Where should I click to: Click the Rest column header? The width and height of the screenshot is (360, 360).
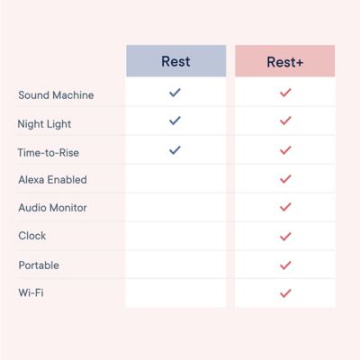pyautogui.click(x=175, y=61)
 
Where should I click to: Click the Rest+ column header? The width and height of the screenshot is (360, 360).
pyautogui.click(x=284, y=62)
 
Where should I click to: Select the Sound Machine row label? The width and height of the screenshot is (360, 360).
pyautogui.click(x=56, y=94)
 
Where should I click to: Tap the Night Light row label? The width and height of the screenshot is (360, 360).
pyautogui.click(x=44, y=123)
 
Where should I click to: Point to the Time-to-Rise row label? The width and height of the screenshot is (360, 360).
pyautogui.click(x=49, y=152)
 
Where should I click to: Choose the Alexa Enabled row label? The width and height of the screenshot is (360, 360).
pyautogui.click(x=52, y=180)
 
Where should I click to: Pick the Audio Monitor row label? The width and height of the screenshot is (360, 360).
pyautogui.click(x=52, y=208)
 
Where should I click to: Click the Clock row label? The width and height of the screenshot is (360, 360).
pyautogui.click(x=31, y=236)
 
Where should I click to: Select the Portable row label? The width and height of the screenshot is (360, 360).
pyautogui.click(x=39, y=265)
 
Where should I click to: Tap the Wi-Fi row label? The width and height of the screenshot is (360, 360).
pyautogui.click(x=31, y=293)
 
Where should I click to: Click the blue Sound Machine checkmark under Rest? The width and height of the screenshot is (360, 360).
pyautogui.click(x=175, y=92)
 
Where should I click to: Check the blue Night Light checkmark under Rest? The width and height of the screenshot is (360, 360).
pyautogui.click(x=175, y=121)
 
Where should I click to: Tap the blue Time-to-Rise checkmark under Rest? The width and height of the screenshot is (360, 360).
pyautogui.click(x=175, y=150)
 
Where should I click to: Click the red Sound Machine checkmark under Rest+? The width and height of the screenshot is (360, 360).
pyautogui.click(x=285, y=92)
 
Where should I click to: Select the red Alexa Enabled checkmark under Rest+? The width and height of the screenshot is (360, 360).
pyautogui.click(x=285, y=179)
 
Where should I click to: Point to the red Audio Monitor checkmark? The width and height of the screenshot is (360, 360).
pyautogui.click(x=285, y=207)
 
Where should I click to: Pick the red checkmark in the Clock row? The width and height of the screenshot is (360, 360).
pyautogui.click(x=285, y=237)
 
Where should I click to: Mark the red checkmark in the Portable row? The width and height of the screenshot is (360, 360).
pyautogui.click(x=285, y=265)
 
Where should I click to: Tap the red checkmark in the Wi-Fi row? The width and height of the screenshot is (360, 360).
pyautogui.click(x=285, y=293)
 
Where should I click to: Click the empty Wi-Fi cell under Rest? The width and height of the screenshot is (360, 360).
pyautogui.click(x=175, y=293)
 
